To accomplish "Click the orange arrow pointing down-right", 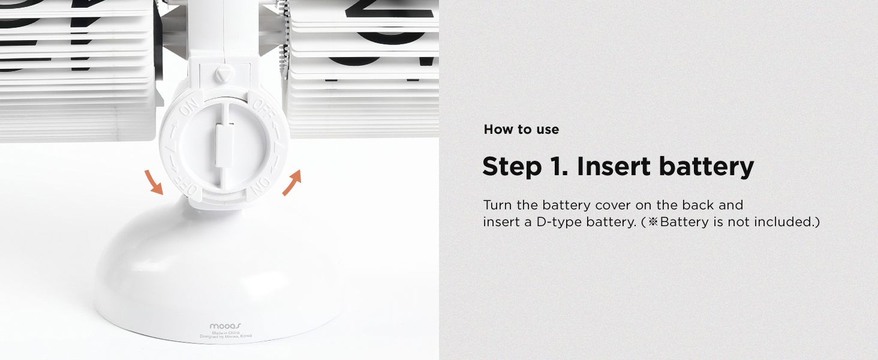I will pyautogui.click(x=154, y=182).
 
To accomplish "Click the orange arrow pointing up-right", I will pyautogui.click(x=291, y=182).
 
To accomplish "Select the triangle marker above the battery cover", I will pyautogui.click(x=223, y=74).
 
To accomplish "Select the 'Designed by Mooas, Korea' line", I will pyautogui.click(x=225, y=337).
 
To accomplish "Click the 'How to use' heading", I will pyautogui.click(x=521, y=130).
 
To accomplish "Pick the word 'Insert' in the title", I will pyautogui.click(x=614, y=167).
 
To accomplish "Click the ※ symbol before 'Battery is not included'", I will pyautogui.click(x=653, y=222).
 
